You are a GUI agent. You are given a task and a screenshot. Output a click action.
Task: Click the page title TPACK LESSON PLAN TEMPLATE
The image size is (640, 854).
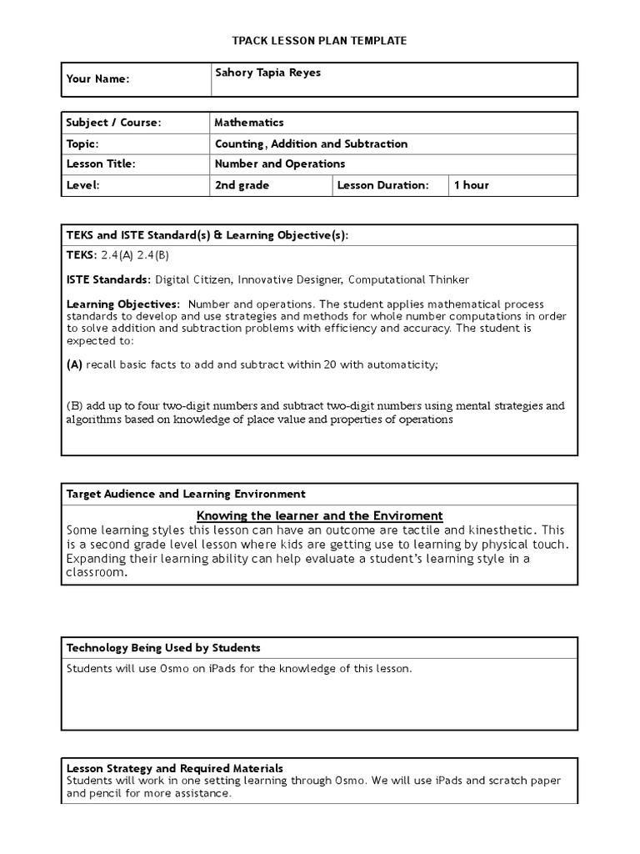click(319, 41)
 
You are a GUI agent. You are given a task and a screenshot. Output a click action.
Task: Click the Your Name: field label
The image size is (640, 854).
click(97, 79)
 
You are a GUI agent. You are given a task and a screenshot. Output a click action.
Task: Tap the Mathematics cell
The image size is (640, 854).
click(249, 123)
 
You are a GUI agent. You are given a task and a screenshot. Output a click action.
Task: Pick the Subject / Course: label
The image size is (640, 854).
click(113, 123)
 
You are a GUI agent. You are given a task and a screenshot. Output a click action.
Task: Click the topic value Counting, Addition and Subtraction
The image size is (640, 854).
click(311, 143)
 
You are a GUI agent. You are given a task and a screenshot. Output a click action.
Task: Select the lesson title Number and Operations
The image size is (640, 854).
click(279, 164)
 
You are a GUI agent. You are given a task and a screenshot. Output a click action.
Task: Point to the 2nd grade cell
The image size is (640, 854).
click(242, 185)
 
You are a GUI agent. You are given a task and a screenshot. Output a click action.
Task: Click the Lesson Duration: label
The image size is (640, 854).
click(382, 185)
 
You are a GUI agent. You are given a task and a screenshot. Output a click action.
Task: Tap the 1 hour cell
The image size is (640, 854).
click(471, 185)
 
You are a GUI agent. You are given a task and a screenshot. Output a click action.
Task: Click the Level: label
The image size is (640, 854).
click(82, 185)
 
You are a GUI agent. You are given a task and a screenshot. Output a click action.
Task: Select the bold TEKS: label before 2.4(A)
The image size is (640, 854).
click(82, 255)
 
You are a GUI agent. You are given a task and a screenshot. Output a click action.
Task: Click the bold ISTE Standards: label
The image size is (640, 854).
click(108, 279)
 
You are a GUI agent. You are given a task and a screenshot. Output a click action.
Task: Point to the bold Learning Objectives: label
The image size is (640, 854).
click(122, 304)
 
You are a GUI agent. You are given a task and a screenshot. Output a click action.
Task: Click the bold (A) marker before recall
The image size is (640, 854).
click(74, 364)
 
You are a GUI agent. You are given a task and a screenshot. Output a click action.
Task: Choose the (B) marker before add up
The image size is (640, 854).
click(74, 406)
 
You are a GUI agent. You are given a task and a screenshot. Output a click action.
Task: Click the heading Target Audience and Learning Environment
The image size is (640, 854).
click(186, 494)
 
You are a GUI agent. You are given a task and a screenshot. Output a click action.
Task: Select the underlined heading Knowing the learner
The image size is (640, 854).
click(319, 515)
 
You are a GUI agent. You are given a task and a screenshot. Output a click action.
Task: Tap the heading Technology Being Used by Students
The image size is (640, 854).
click(163, 647)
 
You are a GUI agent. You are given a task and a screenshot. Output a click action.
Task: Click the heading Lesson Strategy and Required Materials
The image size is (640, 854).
click(174, 768)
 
